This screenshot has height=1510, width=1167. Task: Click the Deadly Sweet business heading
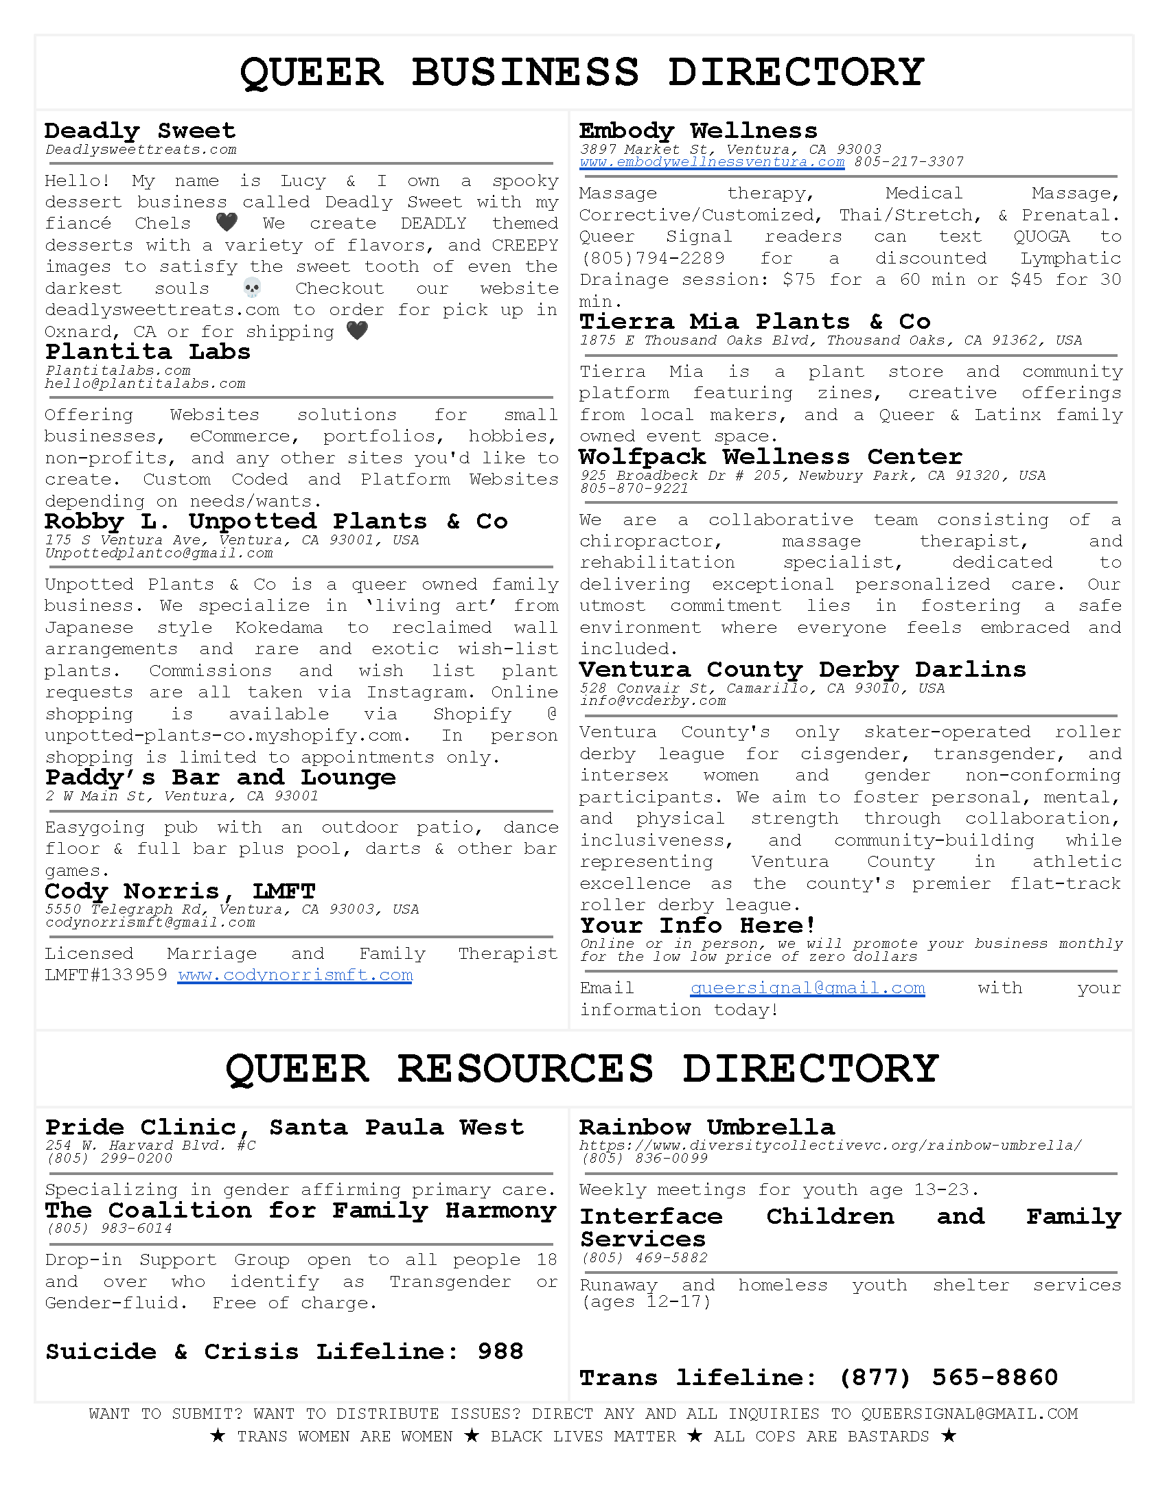click(139, 130)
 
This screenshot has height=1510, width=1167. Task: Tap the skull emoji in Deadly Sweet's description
click(253, 288)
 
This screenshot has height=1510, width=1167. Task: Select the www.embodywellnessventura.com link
click(711, 162)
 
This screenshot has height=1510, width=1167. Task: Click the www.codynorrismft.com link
click(294, 975)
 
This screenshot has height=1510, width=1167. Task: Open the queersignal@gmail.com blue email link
click(807, 988)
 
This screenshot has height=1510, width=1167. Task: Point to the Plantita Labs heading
click(148, 352)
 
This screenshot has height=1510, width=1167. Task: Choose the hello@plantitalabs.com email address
click(145, 384)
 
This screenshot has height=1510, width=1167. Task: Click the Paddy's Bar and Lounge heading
click(220, 778)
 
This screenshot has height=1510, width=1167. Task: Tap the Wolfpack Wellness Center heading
click(770, 456)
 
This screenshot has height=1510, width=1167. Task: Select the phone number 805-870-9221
click(634, 489)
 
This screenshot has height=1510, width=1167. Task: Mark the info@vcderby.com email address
click(652, 701)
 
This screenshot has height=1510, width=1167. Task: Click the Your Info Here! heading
click(698, 925)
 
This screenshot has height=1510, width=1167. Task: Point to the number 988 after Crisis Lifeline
click(500, 1351)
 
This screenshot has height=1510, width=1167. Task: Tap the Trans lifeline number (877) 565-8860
click(948, 1378)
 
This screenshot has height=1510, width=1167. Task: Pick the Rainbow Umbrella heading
click(706, 1127)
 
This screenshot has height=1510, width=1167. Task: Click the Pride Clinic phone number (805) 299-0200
click(109, 1159)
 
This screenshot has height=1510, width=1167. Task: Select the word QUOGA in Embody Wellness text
click(1041, 237)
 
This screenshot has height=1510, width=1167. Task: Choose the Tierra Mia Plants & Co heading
click(754, 321)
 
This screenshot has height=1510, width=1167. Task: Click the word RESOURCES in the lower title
click(524, 1069)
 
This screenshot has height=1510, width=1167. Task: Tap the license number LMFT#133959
click(106, 975)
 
